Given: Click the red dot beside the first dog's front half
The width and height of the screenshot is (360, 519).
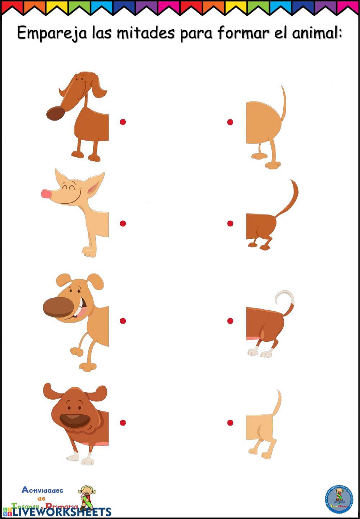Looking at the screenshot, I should (x=123, y=122).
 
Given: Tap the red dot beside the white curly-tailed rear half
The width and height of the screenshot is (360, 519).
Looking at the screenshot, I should (x=230, y=320).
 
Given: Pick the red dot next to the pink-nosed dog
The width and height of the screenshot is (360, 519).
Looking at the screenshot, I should (x=123, y=223).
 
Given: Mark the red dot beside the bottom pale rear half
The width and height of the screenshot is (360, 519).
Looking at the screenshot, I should (x=230, y=422).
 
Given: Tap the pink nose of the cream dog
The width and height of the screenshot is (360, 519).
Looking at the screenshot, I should (x=46, y=194).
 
